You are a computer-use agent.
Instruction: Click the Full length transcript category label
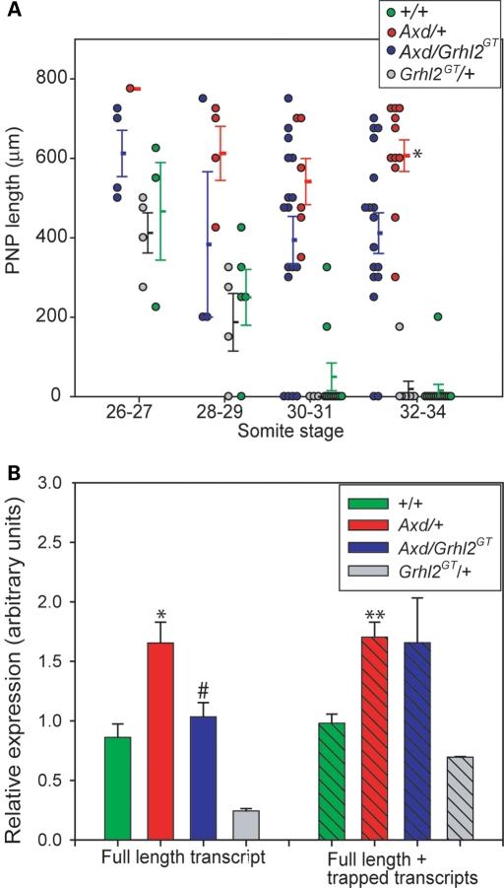pyautogui.click(x=185, y=856)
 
